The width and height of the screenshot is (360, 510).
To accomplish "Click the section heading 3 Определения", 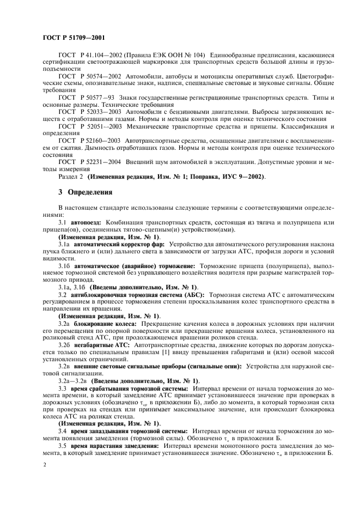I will [86, 192].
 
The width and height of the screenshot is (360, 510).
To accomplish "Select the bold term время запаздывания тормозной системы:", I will [129, 429].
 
